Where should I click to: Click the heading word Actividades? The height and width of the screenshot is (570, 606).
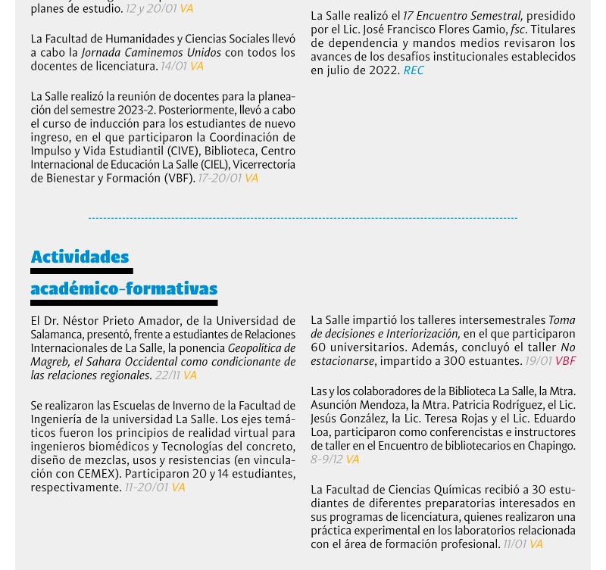tap(80, 257)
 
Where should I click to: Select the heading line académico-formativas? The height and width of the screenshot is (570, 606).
tap(123, 288)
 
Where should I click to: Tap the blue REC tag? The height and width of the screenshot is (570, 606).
tap(414, 70)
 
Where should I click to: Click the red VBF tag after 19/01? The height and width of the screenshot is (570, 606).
tap(565, 361)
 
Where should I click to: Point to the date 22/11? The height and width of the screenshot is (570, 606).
tap(167, 375)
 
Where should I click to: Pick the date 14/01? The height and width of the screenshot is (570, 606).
tap(173, 67)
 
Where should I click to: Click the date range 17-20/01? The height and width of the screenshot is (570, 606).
tap(220, 179)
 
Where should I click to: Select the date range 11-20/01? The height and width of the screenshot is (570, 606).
tap(146, 487)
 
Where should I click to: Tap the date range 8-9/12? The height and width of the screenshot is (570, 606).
tap(326, 459)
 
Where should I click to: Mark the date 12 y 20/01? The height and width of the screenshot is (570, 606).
tap(151, 9)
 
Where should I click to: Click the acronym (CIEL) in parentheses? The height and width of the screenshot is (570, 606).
tap(214, 165)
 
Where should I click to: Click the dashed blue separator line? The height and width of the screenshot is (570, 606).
tap(303, 218)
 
